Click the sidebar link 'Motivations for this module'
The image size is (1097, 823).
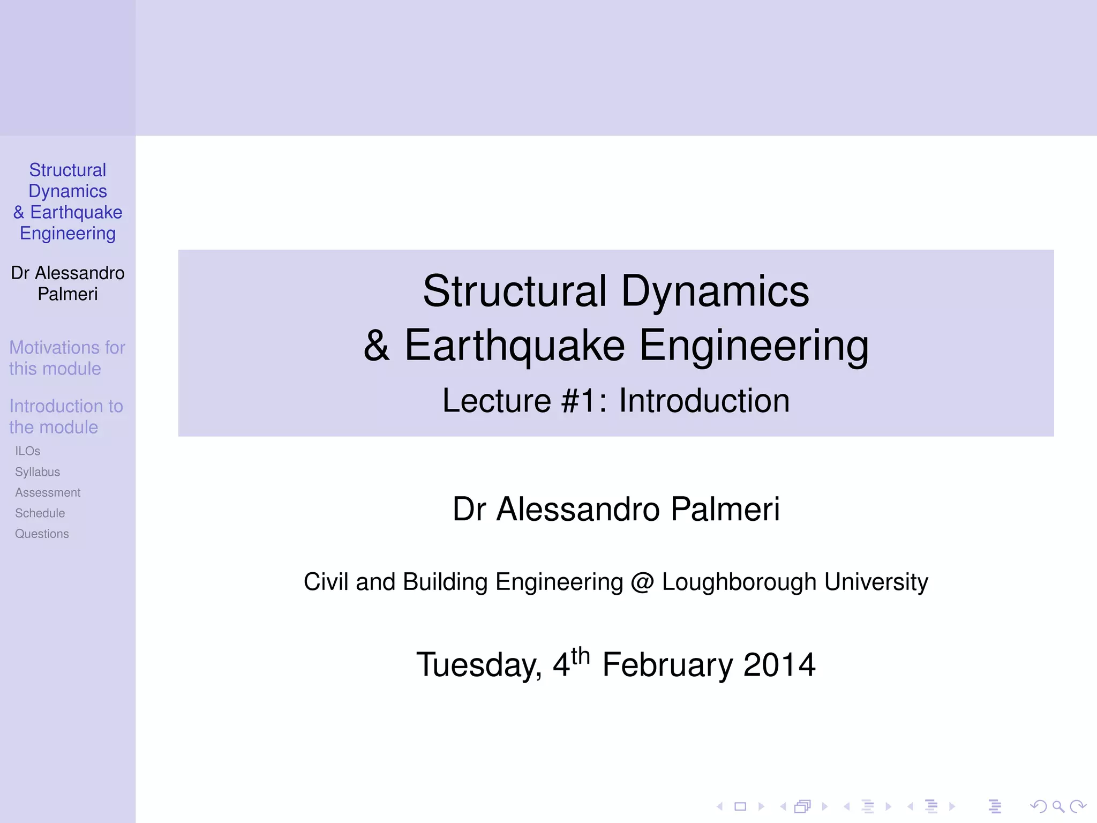click(67, 358)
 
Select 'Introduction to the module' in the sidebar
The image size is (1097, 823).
click(66, 416)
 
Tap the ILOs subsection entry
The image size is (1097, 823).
click(27, 451)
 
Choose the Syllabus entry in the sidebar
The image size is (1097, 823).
click(37, 472)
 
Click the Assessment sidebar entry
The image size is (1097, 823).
click(48, 492)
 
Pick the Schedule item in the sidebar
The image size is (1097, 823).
click(40, 513)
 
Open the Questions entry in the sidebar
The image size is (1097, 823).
click(42, 534)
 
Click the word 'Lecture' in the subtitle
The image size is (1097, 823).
click(496, 401)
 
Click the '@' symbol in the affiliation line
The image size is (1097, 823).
click(642, 582)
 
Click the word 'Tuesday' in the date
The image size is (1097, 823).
click(478, 665)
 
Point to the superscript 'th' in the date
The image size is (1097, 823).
click(580, 656)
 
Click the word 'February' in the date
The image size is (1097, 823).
click(667, 665)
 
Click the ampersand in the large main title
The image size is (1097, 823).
click(377, 346)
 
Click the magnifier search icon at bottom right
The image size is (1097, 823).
click(1058, 806)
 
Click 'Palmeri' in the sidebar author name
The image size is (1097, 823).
click(67, 294)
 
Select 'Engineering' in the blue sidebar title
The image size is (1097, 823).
click(67, 234)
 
